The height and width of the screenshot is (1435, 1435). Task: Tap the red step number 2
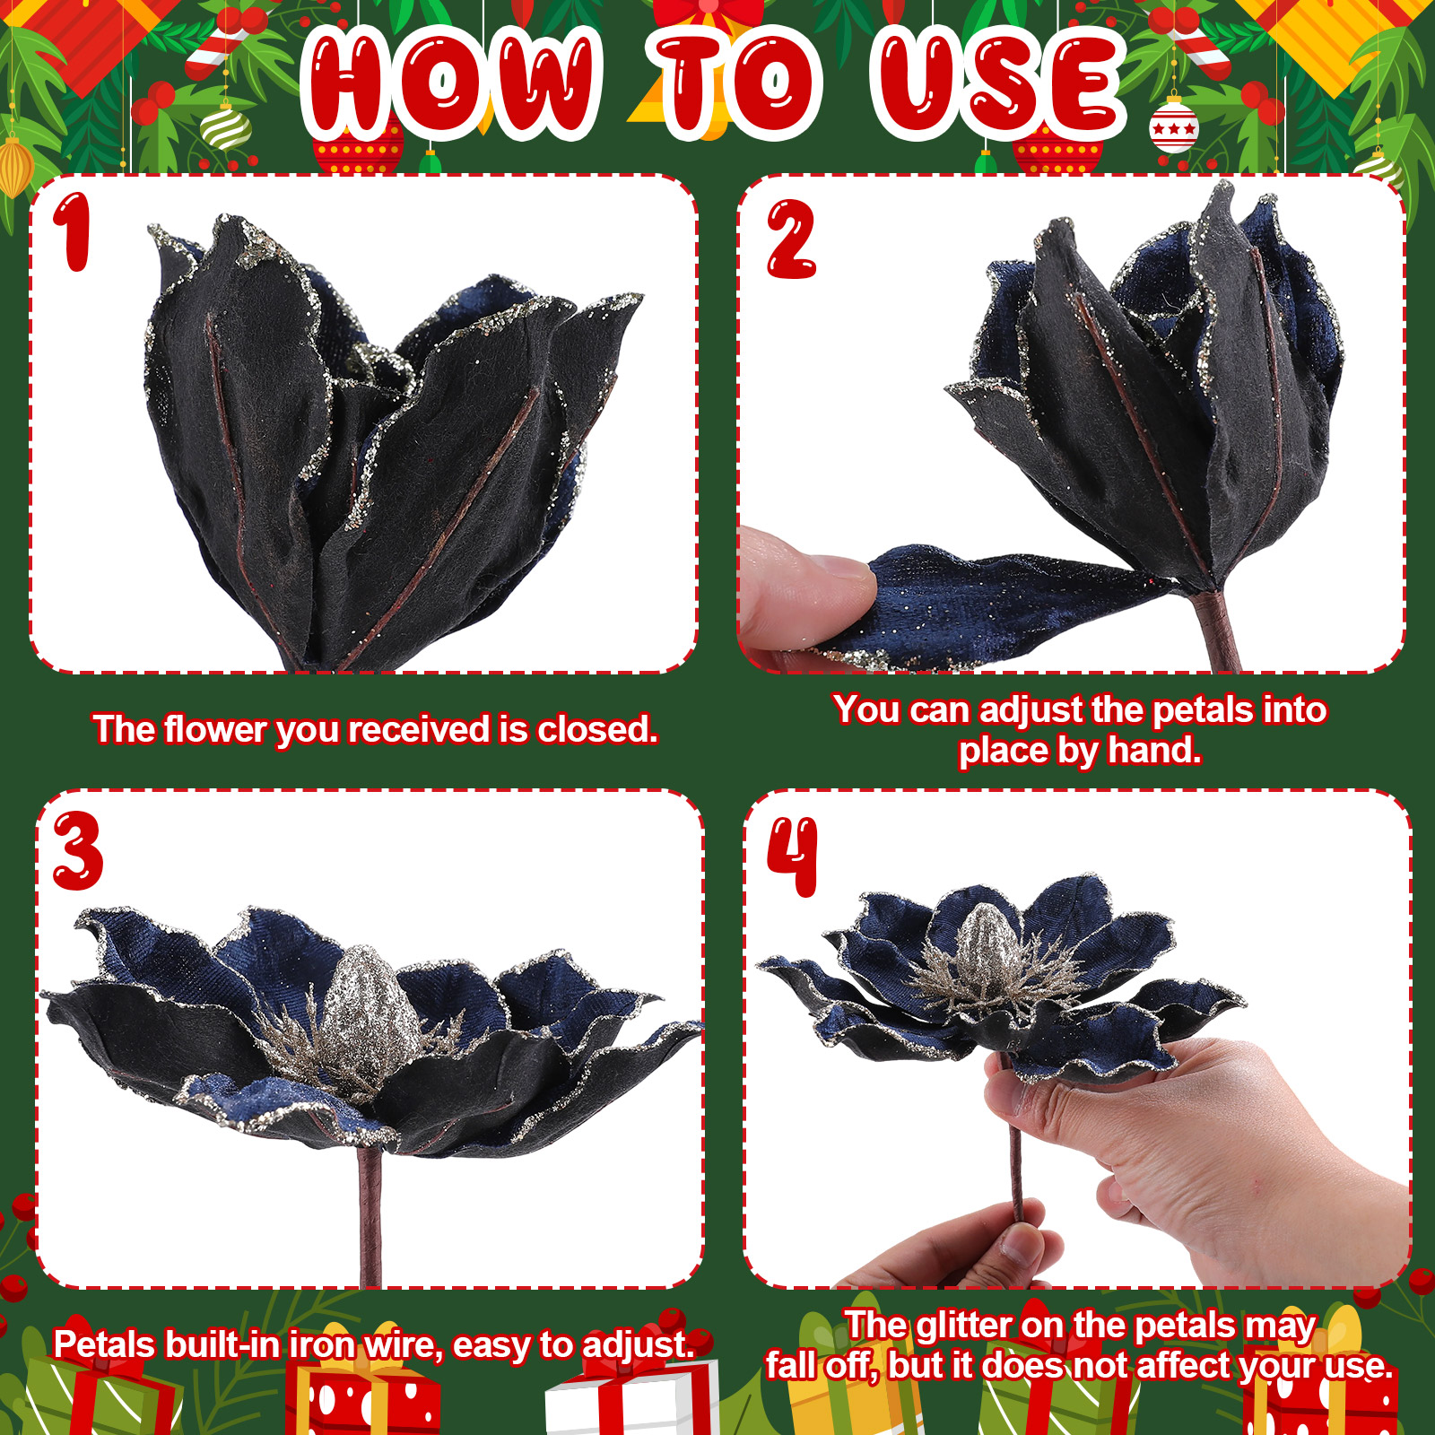tap(790, 239)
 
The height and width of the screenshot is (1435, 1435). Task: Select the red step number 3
tap(77, 851)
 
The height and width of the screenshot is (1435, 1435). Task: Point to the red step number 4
tap(793, 857)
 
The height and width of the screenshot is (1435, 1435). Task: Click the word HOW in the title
tap(451, 83)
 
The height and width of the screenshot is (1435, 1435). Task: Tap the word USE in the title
tap(998, 83)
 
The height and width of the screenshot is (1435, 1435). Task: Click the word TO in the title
tap(736, 83)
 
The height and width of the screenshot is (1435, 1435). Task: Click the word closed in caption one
tap(596, 729)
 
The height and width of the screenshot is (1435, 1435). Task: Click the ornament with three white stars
tap(1173, 128)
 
